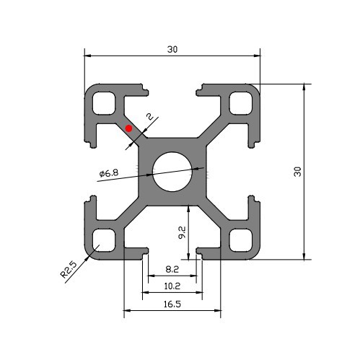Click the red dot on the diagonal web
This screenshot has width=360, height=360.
[x=128, y=128]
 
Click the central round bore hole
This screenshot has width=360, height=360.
[x=172, y=172]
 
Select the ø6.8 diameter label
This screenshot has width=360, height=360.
[x=109, y=173]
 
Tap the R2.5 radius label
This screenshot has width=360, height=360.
[x=69, y=270]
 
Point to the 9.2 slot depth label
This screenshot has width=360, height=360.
[x=182, y=232]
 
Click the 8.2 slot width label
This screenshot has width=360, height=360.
[x=172, y=269]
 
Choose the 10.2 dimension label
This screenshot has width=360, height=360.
[x=172, y=286]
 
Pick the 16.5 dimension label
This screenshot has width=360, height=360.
[x=172, y=304]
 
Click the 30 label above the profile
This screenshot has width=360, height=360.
[x=172, y=49]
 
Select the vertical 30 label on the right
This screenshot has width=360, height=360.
[x=298, y=172]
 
